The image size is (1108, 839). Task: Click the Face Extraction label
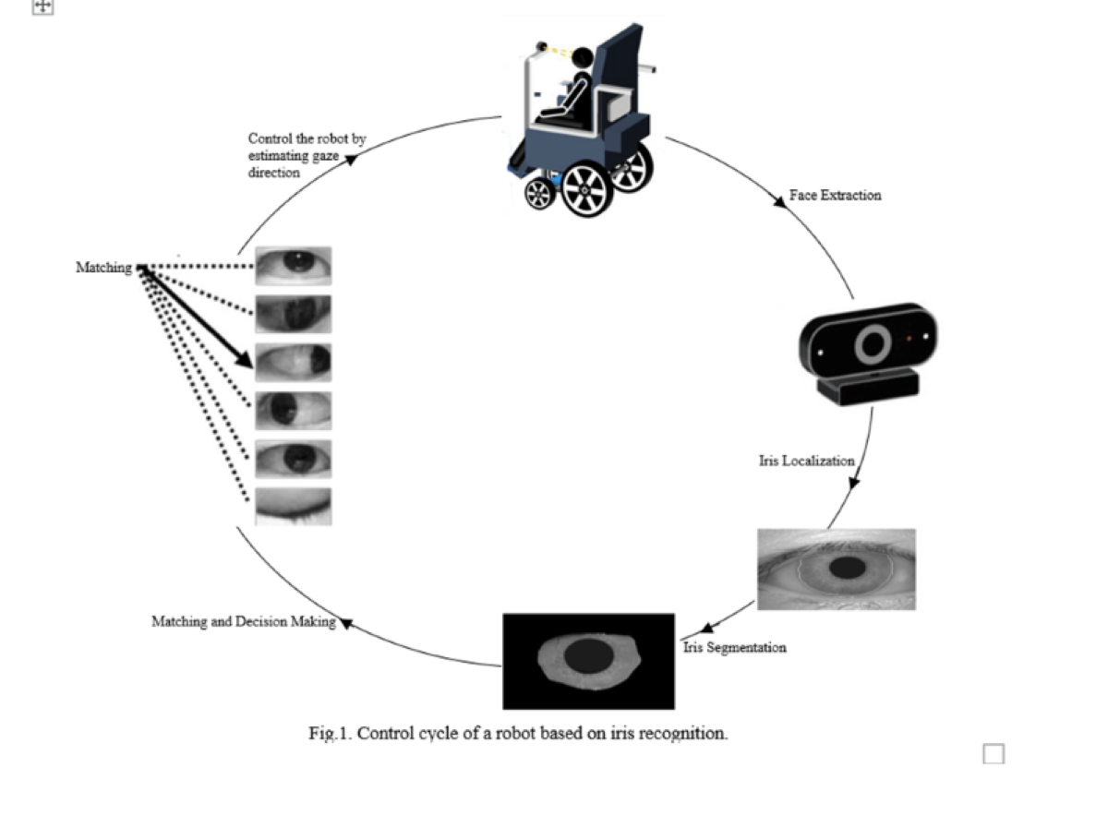coord(835,195)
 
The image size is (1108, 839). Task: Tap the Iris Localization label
coord(806,460)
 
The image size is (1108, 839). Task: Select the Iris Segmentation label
coord(735,647)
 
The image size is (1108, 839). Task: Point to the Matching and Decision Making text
coord(243,621)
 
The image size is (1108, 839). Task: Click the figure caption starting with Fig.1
coord(518,734)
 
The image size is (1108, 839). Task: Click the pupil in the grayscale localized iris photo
coord(845,568)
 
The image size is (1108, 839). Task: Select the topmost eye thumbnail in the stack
coord(293,265)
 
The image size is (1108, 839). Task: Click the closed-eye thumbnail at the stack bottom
coord(293,507)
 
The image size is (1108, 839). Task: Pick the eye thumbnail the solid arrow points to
coord(293,362)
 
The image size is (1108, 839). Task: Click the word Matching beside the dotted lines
coord(103,268)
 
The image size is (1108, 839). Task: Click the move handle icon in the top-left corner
coord(43,6)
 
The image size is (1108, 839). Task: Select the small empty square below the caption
coord(994,754)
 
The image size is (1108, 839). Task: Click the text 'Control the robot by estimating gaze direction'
coord(305,153)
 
